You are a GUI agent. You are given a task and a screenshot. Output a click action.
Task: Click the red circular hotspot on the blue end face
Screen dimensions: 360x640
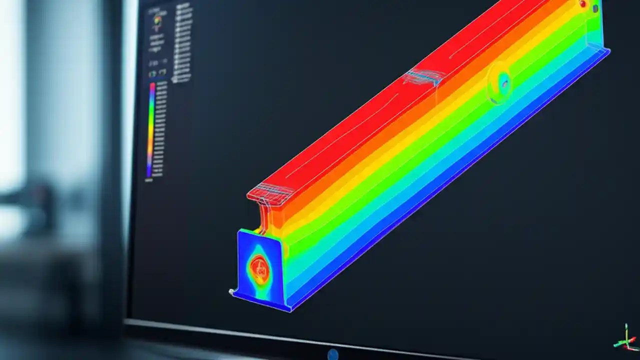pyautogui.click(x=259, y=269)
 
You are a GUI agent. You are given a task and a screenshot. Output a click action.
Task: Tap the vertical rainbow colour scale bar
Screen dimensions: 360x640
pyautogui.click(x=150, y=130)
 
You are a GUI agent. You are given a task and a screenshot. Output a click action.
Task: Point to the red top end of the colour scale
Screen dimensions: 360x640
pyautogui.click(x=152, y=86)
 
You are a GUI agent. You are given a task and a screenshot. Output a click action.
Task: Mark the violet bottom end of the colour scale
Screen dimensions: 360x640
pyautogui.click(x=149, y=175)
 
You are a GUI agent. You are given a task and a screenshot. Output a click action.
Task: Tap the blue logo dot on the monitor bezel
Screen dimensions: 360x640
pyautogui.click(x=332, y=354)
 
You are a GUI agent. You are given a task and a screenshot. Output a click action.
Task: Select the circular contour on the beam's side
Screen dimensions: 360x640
pyautogui.click(x=500, y=82)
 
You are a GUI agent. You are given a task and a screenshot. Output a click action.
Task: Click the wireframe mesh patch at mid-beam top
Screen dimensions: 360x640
pyautogui.click(x=424, y=76)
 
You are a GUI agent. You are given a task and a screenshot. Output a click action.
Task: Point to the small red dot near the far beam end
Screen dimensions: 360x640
pyautogui.click(x=583, y=4)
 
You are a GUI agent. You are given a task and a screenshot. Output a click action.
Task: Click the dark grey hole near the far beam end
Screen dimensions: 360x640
pyautogui.click(x=596, y=7)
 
